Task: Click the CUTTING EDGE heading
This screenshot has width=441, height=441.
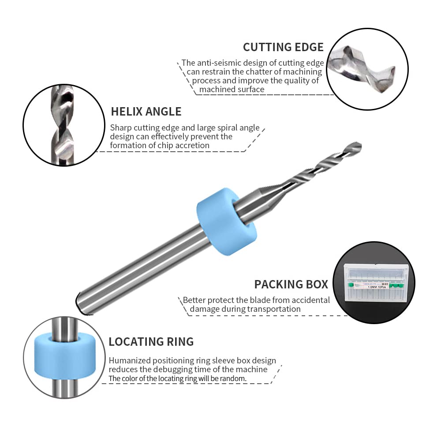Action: [283, 47]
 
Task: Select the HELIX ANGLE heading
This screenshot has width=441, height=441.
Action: [146, 112]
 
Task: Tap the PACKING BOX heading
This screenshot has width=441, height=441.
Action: [291, 284]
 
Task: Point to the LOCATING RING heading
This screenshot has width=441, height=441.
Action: [151, 342]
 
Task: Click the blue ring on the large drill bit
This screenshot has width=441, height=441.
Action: [226, 221]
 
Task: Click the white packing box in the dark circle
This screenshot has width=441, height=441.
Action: [375, 283]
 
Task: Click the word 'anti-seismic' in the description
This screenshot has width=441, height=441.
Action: [217, 63]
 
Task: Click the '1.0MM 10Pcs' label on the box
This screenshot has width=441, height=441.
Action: [377, 287]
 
